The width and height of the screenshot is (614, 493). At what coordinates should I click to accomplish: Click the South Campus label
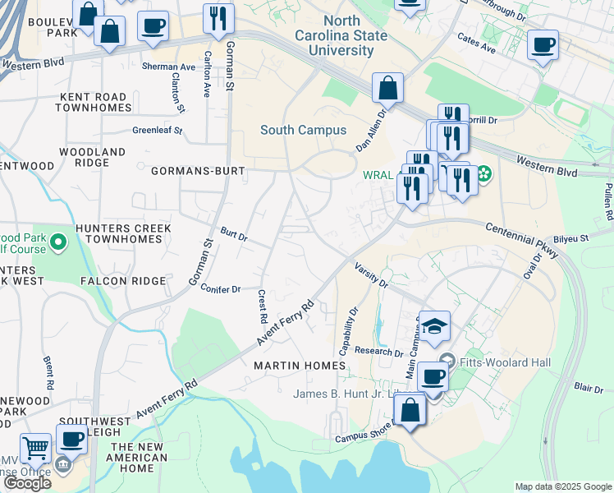[303, 130]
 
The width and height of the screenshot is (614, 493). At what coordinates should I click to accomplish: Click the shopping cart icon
[35, 449]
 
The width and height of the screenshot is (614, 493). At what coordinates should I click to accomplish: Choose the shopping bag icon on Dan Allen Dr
[387, 88]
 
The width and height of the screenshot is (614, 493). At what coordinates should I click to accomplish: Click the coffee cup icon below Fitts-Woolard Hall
[433, 377]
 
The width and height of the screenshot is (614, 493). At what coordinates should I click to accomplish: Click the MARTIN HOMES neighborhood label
[300, 365]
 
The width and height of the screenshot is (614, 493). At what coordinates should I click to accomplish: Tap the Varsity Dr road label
[371, 275]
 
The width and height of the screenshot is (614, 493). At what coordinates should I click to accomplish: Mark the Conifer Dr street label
[220, 288]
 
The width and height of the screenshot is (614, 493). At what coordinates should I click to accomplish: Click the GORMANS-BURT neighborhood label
[194, 171]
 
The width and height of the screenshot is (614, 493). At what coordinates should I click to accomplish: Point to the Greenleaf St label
[157, 130]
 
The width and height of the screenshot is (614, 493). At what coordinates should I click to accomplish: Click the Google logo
[27, 483]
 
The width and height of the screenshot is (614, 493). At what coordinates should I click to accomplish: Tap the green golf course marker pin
[57, 242]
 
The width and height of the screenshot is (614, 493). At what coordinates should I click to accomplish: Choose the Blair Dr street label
[589, 386]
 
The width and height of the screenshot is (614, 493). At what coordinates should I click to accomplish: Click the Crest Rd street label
[263, 306]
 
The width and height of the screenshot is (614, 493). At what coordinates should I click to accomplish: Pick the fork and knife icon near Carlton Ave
[218, 18]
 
